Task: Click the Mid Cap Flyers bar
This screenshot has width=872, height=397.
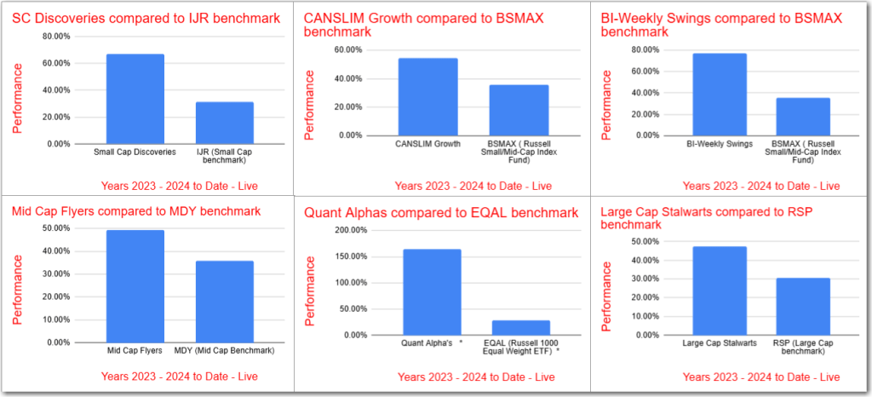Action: tap(135, 286)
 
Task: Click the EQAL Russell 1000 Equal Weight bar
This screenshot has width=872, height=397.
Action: tap(520, 328)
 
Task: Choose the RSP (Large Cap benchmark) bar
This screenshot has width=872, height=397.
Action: tap(802, 307)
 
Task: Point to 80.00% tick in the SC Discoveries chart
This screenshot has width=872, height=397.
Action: tap(57, 37)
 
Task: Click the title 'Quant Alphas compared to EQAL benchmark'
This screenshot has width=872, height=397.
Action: tap(443, 212)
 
